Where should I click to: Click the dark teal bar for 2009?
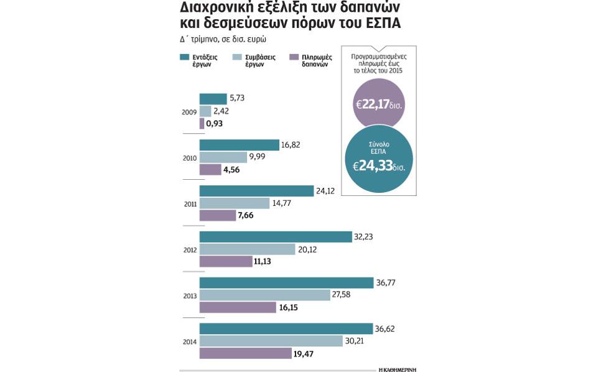(x=213, y=99)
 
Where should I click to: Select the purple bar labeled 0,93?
(x=202, y=124)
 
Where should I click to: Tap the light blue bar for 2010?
(x=223, y=157)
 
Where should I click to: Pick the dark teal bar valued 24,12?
(x=256, y=191)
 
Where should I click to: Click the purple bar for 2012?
(x=225, y=262)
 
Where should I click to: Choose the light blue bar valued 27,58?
(x=264, y=295)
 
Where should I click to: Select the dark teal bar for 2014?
(x=286, y=328)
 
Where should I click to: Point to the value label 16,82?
(x=291, y=145)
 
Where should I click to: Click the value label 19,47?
(x=305, y=353)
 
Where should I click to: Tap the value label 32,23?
(x=363, y=237)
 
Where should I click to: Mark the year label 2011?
(x=190, y=203)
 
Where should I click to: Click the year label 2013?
(x=190, y=295)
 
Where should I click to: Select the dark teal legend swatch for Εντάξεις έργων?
(x=184, y=57)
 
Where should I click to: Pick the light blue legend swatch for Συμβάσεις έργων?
(x=236, y=57)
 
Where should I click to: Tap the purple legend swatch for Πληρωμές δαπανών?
(x=294, y=57)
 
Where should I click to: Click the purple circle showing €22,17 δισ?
(x=378, y=104)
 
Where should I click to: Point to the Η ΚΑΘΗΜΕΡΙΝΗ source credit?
(x=398, y=370)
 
